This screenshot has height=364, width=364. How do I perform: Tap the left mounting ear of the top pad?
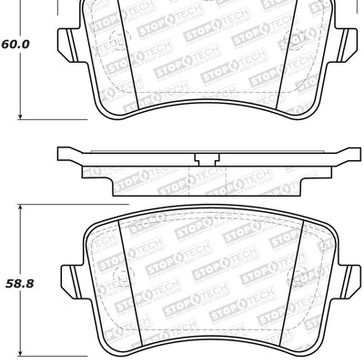pos(67,42)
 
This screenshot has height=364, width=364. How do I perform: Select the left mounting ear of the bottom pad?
pos(67,274)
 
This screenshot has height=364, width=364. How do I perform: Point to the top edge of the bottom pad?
pos(207,216)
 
